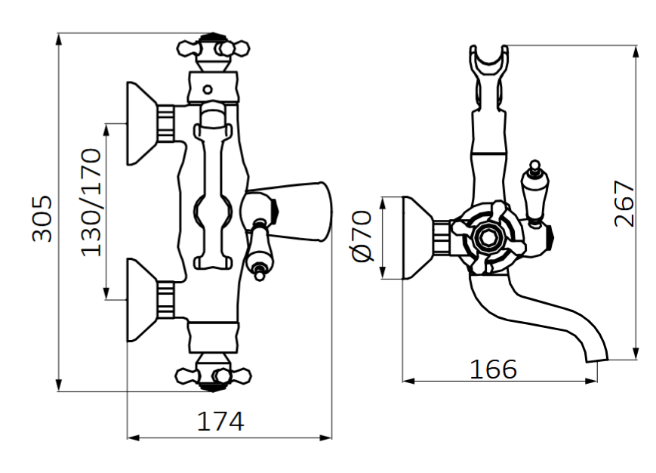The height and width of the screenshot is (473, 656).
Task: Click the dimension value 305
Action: coord(42,218)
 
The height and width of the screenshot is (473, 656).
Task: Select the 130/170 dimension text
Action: coord(91,202)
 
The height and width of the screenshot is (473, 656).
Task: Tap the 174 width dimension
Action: coord(220,422)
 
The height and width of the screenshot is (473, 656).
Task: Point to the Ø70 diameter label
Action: coord(362,236)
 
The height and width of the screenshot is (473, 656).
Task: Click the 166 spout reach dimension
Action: coord(493,369)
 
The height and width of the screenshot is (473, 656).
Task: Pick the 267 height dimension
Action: coord(624,203)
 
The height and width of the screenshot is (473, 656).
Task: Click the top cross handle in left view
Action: coord(213,49)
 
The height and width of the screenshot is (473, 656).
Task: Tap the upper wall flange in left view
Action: coord(142,123)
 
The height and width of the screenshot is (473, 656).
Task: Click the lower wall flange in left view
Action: coord(142,300)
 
